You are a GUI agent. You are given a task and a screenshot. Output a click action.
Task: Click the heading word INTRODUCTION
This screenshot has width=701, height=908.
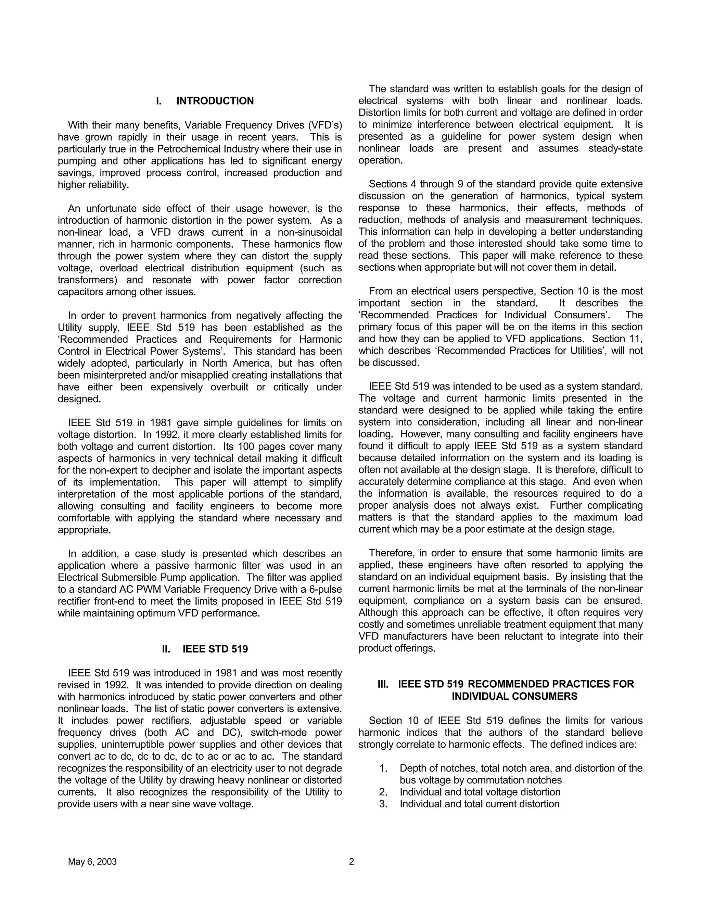click(x=215, y=101)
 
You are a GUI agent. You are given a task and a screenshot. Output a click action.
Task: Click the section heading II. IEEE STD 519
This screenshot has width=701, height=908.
click(x=205, y=649)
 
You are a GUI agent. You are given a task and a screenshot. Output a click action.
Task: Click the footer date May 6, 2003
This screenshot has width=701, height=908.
click(x=92, y=862)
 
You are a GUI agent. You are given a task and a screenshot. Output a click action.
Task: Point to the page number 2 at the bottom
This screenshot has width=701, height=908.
click(x=351, y=862)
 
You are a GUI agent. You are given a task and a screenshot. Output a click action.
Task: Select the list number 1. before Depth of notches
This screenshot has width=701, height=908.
click(x=383, y=768)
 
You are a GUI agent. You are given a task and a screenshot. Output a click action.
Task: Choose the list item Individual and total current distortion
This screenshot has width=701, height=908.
click(x=479, y=804)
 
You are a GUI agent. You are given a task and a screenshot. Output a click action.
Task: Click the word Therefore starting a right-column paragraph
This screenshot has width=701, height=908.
click(x=391, y=553)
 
